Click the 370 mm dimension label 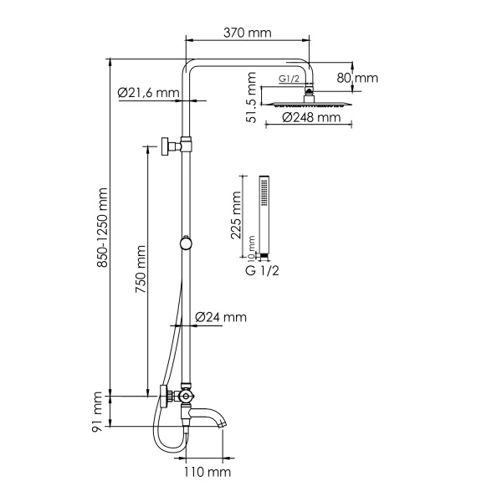point(248,33)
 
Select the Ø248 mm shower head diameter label point(310,118)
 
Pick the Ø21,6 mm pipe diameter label point(148,92)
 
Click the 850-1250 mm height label point(102,227)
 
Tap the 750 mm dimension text point(141,269)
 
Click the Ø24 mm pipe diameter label point(221,317)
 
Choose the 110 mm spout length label point(207,473)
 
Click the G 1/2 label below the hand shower point(261,272)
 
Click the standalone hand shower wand point(264,213)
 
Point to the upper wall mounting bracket point(172,147)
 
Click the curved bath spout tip point(222,422)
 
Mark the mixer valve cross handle point(188,397)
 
